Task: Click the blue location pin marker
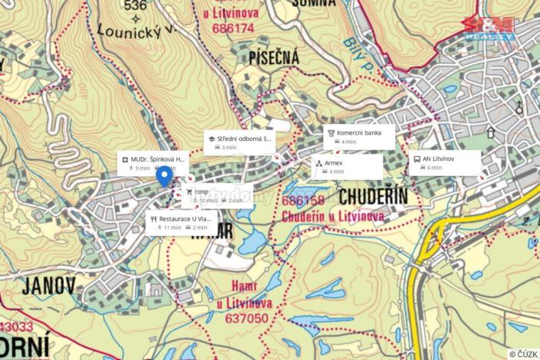[x=164, y=176]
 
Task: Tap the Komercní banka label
[x=358, y=133]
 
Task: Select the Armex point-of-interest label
[x=334, y=164]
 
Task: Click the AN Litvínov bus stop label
[x=438, y=158]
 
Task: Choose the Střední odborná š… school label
[x=244, y=139]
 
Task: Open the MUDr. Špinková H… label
[x=158, y=158]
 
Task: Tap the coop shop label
[x=202, y=192]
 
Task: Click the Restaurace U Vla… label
[x=183, y=218]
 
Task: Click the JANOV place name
[x=49, y=287]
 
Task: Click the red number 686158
[x=304, y=202]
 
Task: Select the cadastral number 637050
[x=246, y=319]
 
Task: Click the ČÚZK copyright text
[x=522, y=354]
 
